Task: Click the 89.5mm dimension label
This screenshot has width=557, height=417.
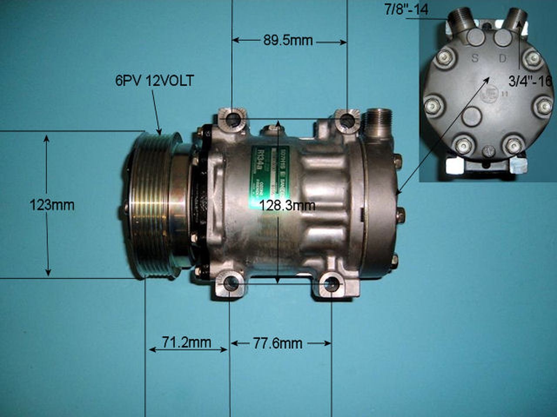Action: (288, 41)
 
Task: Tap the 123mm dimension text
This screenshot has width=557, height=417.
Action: (51, 205)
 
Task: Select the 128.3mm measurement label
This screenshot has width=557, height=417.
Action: (287, 205)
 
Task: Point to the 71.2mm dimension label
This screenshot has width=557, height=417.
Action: (187, 343)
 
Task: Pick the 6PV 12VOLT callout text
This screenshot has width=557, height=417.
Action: (154, 81)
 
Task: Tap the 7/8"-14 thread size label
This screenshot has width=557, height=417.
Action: (406, 10)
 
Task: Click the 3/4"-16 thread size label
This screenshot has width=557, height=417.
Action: (530, 80)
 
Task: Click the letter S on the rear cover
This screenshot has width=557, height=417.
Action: (475, 58)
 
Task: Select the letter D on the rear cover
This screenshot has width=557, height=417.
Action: (503, 58)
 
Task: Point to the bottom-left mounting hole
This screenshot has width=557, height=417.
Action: (230, 283)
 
